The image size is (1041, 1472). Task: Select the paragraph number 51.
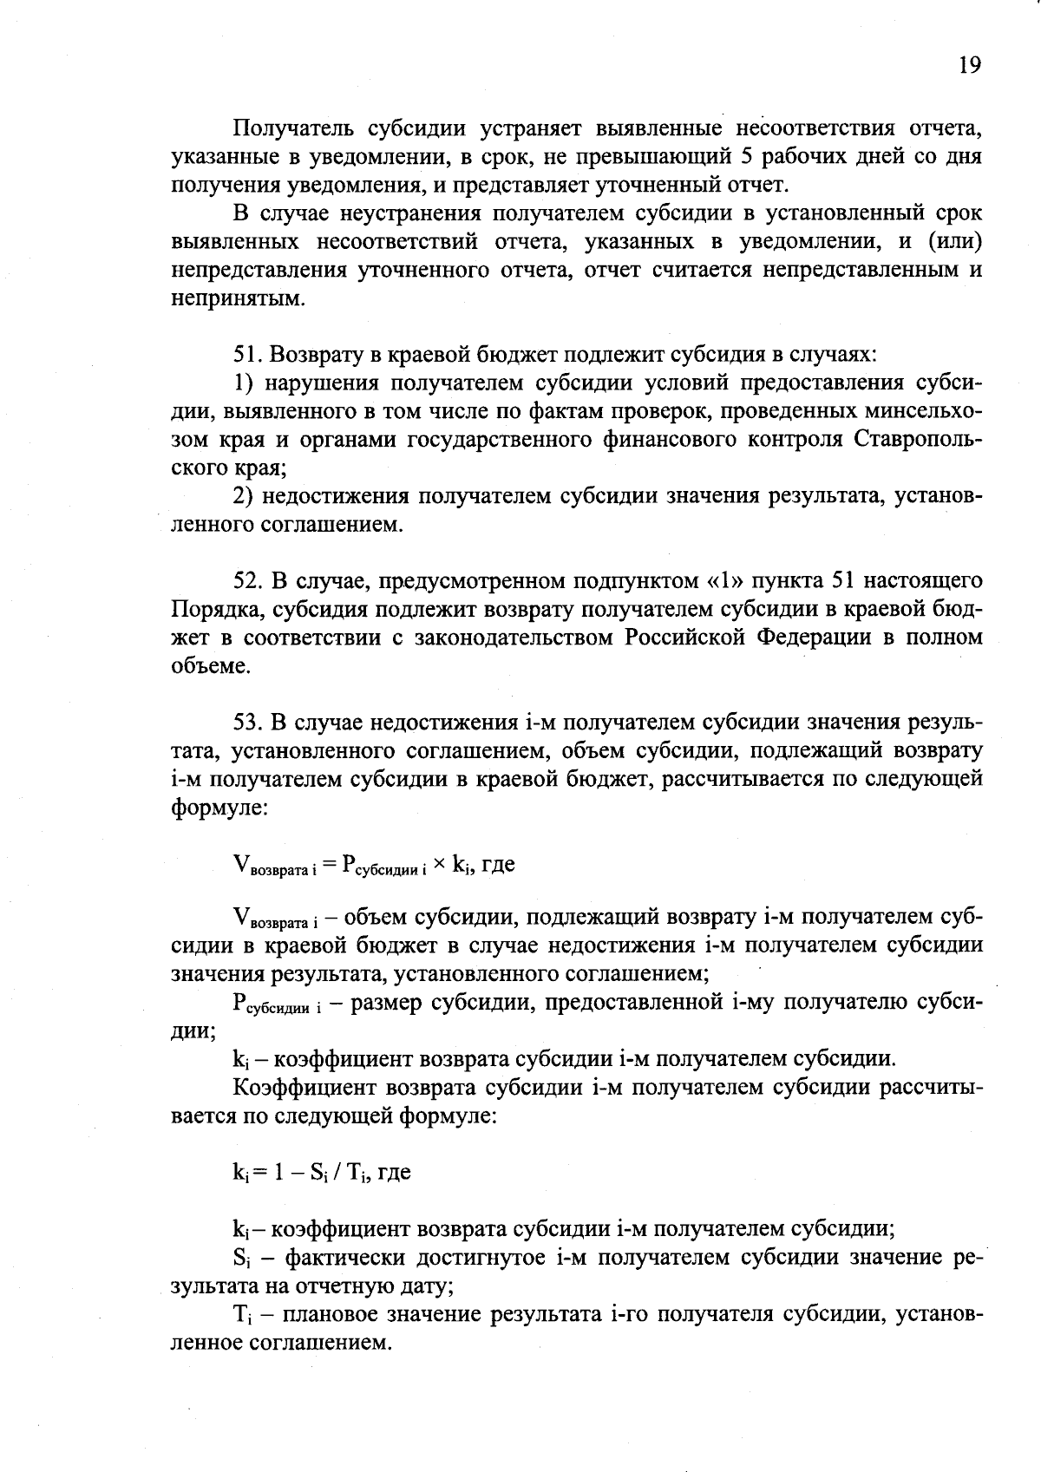247,355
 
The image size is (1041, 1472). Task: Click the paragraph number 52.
247,580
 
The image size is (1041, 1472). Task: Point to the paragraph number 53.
247,722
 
